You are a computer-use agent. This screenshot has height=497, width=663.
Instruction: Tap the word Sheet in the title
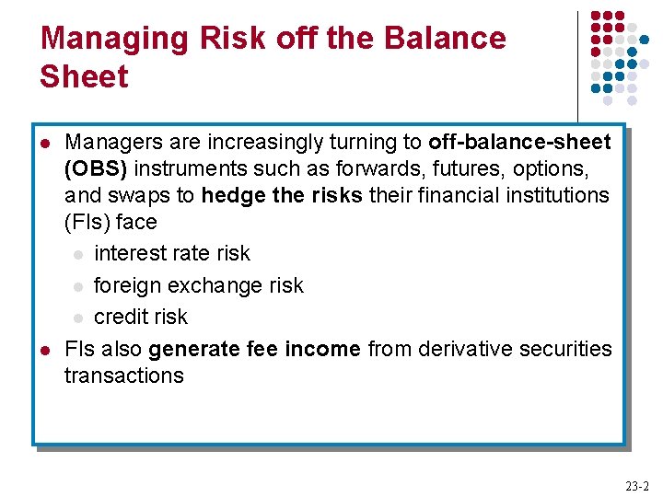pos(84,77)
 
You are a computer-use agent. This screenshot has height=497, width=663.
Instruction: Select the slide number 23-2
pos(636,486)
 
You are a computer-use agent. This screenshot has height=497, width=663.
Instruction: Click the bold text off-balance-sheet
pos(519,143)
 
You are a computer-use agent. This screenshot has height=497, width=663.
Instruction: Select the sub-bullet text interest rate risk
pos(172,253)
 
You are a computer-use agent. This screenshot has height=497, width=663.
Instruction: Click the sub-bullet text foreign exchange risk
pos(198,285)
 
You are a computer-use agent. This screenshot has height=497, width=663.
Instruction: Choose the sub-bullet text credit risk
pos(140,317)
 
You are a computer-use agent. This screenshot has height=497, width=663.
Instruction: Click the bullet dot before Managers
pos(43,144)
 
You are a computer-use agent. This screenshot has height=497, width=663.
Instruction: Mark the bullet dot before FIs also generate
pos(43,350)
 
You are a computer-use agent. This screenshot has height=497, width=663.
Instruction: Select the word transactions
pos(123,376)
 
